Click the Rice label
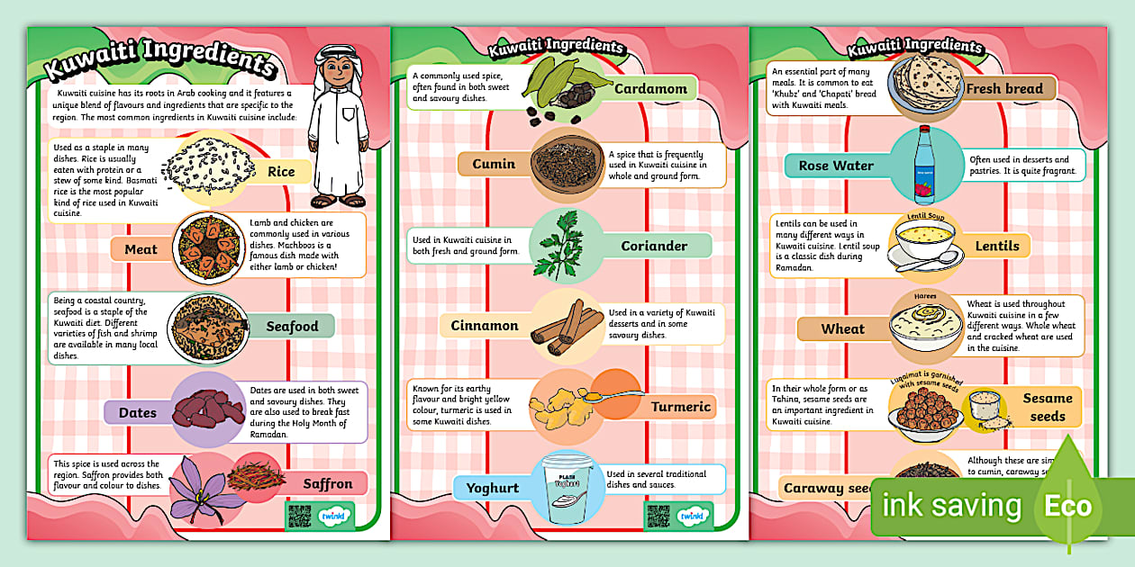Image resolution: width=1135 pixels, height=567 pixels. [x=281, y=172]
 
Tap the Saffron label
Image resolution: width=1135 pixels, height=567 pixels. [x=327, y=483]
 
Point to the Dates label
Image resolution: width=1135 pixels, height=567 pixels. [x=138, y=413]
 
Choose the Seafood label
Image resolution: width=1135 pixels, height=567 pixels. [x=292, y=326]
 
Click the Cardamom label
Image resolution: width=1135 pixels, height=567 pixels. [x=650, y=89]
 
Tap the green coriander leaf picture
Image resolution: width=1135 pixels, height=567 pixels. [x=554, y=245]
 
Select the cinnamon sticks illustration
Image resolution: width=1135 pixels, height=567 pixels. [x=565, y=325]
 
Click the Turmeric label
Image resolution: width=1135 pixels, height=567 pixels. [x=681, y=407]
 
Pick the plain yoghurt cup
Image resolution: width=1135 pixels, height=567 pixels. [x=565, y=489]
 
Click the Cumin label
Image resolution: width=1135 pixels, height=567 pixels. [x=495, y=164]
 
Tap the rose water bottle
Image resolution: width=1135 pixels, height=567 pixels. [x=922, y=166]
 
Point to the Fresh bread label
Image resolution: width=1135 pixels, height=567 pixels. [x=1003, y=89]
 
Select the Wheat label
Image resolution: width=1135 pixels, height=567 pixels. [x=842, y=329]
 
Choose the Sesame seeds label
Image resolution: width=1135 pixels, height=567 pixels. [x=1048, y=407]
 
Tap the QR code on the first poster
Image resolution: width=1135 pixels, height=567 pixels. [x=299, y=516]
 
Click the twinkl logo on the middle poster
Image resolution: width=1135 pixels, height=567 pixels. [x=692, y=517]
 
